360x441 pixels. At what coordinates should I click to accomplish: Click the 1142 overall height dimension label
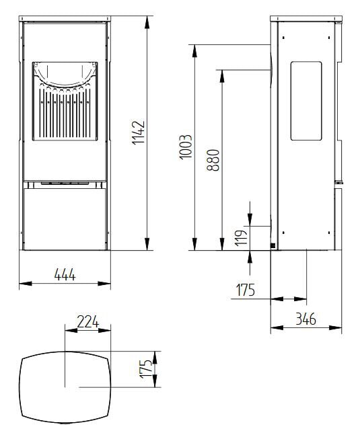point(139,133)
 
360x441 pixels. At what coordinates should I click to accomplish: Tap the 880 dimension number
point(214,160)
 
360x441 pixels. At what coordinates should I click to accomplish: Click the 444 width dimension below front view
point(65,274)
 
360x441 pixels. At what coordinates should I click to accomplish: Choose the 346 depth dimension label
point(305,319)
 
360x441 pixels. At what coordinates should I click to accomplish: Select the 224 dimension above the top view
point(87,321)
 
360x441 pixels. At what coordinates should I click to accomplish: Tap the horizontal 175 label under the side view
point(246,290)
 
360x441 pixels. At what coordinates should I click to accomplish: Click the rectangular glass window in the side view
point(306,101)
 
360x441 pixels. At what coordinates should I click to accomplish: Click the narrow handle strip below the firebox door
point(65,182)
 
